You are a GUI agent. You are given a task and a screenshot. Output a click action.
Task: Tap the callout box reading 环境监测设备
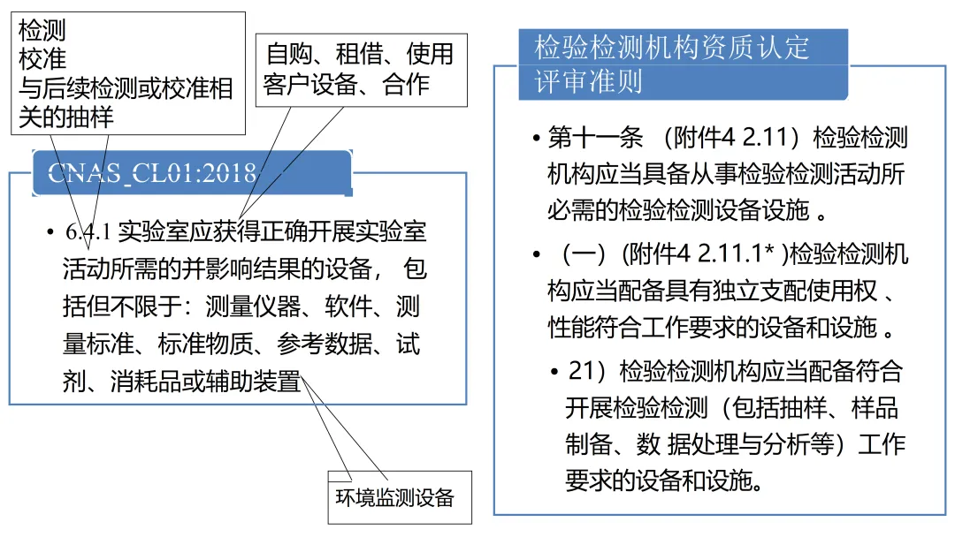[x=394, y=496]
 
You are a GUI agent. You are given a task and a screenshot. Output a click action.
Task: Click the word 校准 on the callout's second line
[x=42, y=60]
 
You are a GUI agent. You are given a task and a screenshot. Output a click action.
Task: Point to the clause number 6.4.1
[x=87, y=232]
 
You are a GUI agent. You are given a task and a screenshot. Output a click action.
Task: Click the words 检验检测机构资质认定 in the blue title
[x=672, y=47]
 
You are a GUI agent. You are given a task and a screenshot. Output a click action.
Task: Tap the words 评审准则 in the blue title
[x=588, y=82]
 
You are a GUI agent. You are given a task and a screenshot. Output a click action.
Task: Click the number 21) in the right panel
[x=590, y=372]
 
